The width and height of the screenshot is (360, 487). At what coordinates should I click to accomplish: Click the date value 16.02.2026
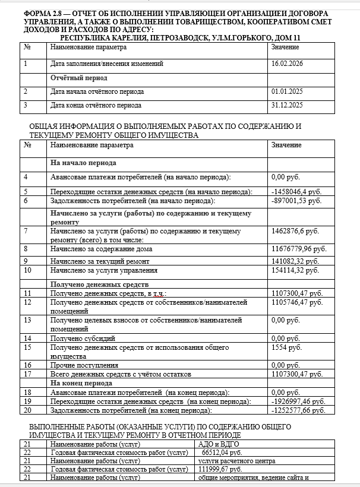(x=287, y=64)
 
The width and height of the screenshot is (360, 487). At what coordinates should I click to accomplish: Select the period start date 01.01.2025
(x=287, y=92)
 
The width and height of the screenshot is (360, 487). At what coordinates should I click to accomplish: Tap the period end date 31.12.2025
(x=287, y=106)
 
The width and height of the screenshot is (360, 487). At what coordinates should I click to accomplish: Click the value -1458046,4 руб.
(x=296, y=192)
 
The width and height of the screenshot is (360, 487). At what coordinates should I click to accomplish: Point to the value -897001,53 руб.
(x=296, y=201)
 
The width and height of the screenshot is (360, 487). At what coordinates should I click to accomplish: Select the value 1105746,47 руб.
(x=297, y=302)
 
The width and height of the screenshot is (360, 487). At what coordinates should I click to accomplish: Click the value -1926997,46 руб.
(x=298, y=401)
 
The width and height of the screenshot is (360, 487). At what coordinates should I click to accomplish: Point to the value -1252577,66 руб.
(x=298, y=410)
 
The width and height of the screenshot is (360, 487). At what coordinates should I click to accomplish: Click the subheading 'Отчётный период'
(x=79, y=78)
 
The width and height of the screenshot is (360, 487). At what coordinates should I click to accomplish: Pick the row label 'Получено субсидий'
(x=81, y=337)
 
